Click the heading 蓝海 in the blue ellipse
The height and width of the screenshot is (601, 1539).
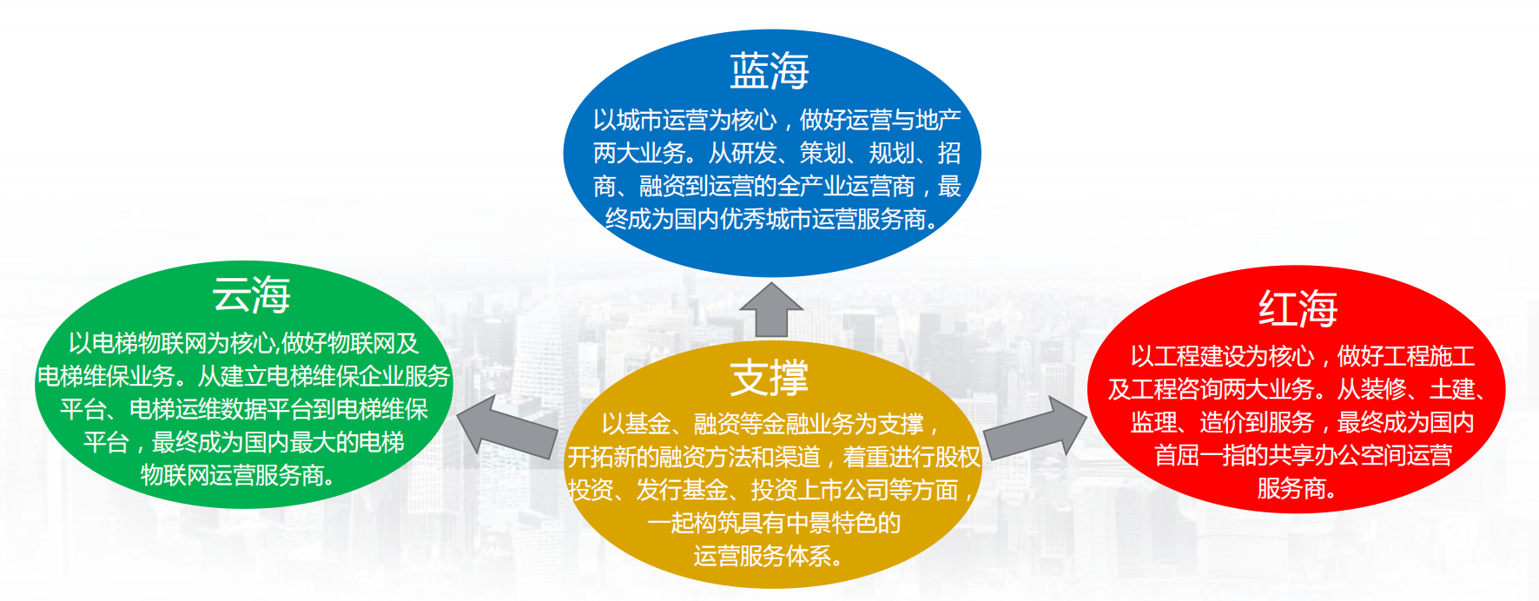click(x=769, y=71)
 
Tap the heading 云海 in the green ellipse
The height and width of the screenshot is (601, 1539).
click(x=251, y=295)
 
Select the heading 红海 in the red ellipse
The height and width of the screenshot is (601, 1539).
click(x=1298, y=308)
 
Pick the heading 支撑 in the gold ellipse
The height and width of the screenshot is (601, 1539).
click(x=769, y=378)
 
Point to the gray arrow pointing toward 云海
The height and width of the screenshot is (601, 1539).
click(x=507, y=426)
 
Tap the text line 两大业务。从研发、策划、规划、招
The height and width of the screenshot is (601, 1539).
click(x=776, y=153)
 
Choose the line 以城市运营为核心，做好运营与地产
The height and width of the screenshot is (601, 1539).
click(x=776, y=120)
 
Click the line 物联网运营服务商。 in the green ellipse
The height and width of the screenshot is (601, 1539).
click(x=241, y=475)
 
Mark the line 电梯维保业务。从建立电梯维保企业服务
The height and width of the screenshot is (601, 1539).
click(x=244, y=376)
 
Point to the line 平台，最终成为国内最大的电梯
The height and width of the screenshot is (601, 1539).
click(x=244, y=442)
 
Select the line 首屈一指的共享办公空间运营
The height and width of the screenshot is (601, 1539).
click(x=1303, y=455)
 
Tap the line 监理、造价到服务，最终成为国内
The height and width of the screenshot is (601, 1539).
click(x=1302, y=422)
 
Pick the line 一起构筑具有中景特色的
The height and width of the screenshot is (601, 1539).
click(x=774, y=523)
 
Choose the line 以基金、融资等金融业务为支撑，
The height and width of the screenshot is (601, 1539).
click(x=772, y=424)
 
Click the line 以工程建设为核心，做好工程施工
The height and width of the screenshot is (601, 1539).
click(x=1302, y=356)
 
